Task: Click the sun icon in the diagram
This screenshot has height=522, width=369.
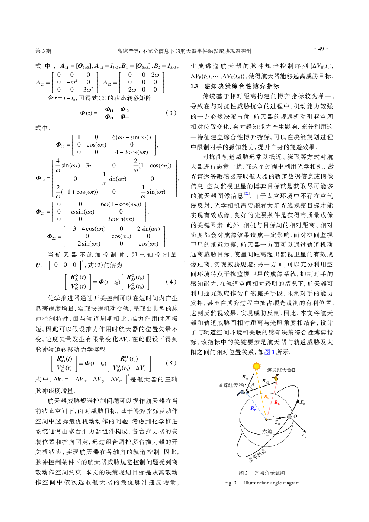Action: click(257, 366)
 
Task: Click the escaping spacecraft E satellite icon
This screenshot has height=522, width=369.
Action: click(276, 378)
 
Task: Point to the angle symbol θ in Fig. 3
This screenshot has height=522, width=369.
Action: click(253, 385)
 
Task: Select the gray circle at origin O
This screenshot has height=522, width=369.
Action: click(289, 417)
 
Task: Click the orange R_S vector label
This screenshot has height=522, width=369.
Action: click(266, 397)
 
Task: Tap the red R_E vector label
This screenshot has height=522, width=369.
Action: click(277, 402)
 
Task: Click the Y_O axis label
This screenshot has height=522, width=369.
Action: click(303, 436)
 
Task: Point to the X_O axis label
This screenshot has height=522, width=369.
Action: click(302, 403)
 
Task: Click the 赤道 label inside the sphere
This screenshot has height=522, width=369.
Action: click(267, 431)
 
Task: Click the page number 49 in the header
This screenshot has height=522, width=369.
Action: click(321, 49)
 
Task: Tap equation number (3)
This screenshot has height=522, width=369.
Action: click(171, 113)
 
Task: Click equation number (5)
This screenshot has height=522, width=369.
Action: click(171, 363)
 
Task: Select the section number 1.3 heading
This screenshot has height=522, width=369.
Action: click(194, 86)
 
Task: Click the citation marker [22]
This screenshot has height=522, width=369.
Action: click(247, 193)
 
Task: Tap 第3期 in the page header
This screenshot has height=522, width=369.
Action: click(43, 51)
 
